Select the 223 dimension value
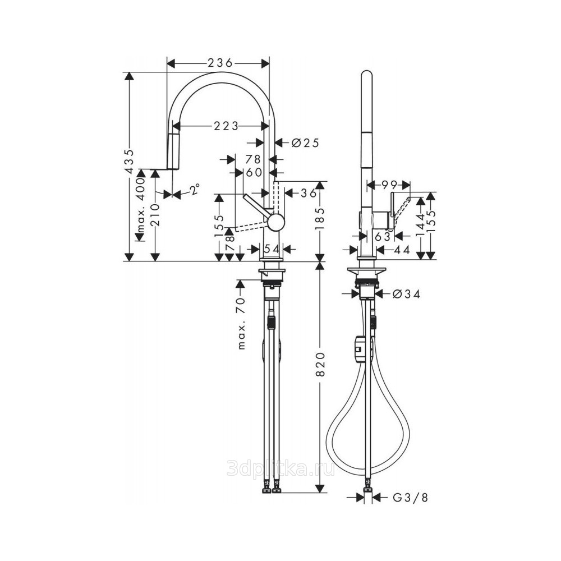[x=226, y=126]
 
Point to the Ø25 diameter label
[x=305, y=142]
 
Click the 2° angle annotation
[x=194, y=189]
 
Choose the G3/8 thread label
[x=410, y=497]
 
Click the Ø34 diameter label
[x=406, y=294]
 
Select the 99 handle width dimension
[x=390, y=185]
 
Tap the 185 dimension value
[x=320, y=218]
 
